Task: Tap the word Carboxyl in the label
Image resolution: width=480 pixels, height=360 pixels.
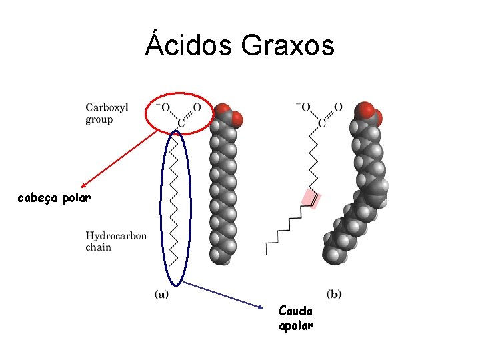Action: [107, 109]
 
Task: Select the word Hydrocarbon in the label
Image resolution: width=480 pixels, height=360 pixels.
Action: [116, 236]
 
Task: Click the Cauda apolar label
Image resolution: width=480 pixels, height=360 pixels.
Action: [296, 318]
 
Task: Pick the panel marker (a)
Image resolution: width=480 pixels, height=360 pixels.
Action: [161, 293]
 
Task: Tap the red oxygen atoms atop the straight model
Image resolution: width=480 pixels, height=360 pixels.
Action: [228, 115]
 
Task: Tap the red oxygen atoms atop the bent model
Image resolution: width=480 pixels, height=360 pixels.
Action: [368, 113]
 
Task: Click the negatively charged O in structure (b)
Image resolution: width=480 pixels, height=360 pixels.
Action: [306, 107]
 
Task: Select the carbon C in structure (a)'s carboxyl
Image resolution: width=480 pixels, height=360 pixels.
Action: [179, 123]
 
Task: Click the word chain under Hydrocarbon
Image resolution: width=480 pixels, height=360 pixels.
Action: [98, 248]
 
